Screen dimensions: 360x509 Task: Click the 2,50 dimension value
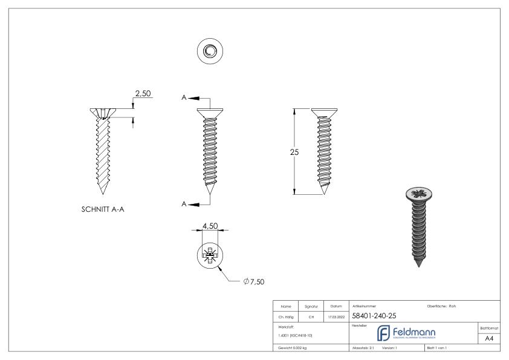click(143, 94)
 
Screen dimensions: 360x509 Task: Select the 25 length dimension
click(294, 152)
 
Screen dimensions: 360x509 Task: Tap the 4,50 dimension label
click(209, 226)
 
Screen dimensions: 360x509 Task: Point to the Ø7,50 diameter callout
click(254, 281)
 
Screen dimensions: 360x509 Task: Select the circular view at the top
click(209, 51)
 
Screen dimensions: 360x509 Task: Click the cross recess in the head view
click(209, 257)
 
